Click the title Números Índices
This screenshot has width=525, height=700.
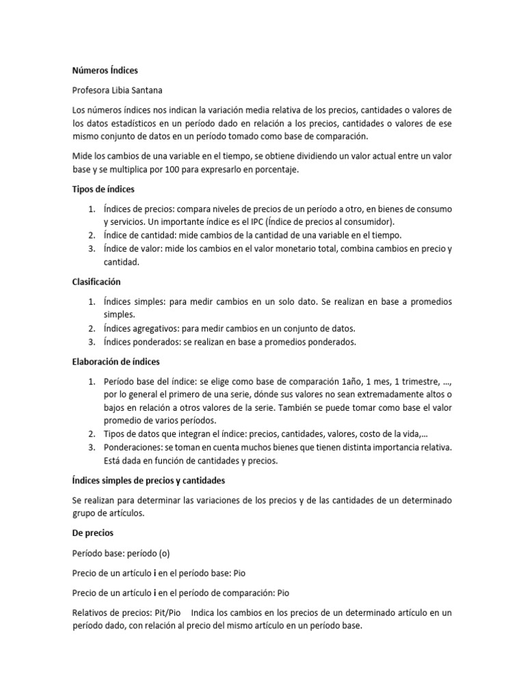tap(105, 70)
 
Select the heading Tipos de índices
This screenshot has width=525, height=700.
tap(103, 189)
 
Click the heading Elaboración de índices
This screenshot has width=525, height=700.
tap(116, 362)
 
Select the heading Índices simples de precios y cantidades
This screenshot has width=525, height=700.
tap(148, 481)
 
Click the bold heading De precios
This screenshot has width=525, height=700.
tap(92, 533)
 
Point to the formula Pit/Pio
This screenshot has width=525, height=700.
tap(164, 612)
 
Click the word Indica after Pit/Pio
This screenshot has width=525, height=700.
tap(207, 612)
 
